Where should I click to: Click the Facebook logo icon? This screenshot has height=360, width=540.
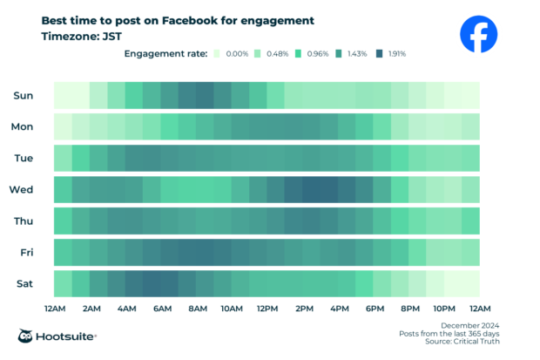[478, 35]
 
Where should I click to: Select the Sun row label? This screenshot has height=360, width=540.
[24, 95]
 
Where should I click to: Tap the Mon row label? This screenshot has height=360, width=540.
[23, 126]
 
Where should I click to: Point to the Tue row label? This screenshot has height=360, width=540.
[24, 158]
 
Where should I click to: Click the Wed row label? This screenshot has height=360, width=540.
[22, 189]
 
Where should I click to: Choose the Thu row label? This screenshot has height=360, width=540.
[24, 221]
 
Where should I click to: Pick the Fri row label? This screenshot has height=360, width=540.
[25, 252]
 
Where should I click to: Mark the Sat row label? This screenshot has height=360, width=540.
[24, 283]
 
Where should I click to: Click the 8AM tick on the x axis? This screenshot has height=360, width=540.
[197, 309]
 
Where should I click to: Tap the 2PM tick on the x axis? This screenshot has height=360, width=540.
[303, 309]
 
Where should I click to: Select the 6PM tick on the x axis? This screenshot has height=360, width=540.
[375, 309]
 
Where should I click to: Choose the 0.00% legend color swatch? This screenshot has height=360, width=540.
[216, 54]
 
